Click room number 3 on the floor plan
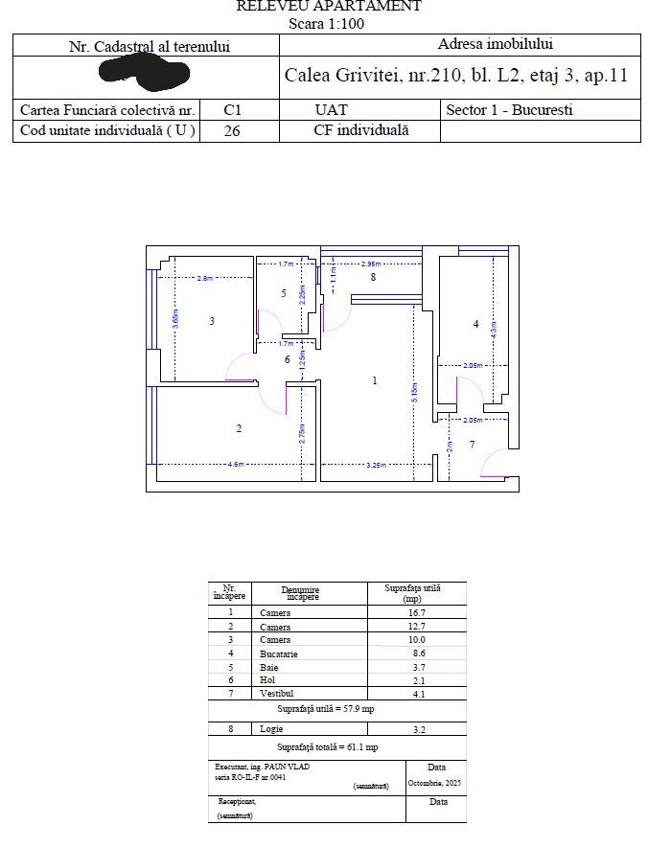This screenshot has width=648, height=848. pyautogui.click(x=212, y=321)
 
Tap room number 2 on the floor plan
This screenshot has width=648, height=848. pyautogui.click(x=239, y=428)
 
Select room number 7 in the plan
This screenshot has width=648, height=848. pyautogui.click(x=472, y=445)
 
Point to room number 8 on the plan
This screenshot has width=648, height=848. pyautogui.click(x=373, y=277)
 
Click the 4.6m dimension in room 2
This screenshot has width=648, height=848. pyautogui.click(x=235, y=464)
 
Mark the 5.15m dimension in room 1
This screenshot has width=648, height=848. pyautogui.click(x=414, y=392)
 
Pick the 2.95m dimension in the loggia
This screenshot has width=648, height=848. pyautogui.click(x=371, y=264)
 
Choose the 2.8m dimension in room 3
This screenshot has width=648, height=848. pyautogui.click(x=204, y=278)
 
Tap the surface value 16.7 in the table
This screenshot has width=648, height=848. pyautogui.click(x=416, y=612)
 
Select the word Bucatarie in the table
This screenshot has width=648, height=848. pyautogui.click(x=279, y=654)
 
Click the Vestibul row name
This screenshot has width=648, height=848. pyautogui.click(x=277, y=693)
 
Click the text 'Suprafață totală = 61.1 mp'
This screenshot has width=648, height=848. pyautogui.click(x=327, y=746)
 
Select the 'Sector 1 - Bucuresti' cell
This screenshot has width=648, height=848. pyautogui.click(x=509, y=110)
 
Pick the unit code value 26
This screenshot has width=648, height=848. pyautogui.click(x=232, y=131)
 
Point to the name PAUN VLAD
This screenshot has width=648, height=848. pyautogui.click(x=290, y=767)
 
